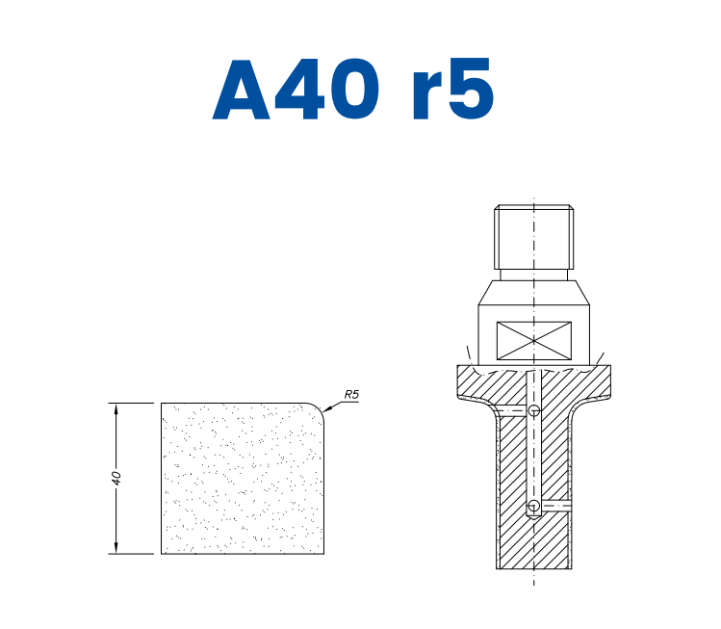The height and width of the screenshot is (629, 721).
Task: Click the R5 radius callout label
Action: coord(351,395)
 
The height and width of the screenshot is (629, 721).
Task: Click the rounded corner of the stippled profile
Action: coord(318,408)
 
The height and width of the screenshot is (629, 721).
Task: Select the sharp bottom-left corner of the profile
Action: coord(162,554)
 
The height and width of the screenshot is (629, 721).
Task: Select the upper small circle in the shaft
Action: coord(534,411)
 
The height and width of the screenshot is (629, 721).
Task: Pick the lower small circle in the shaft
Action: coord(534,506)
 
